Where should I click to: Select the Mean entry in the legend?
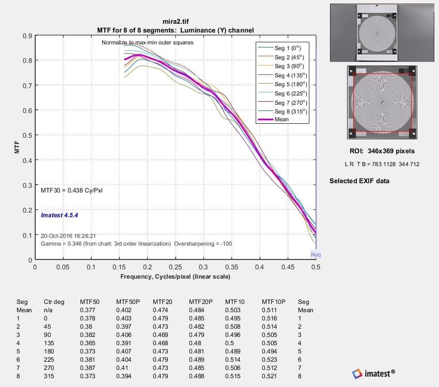coord(282,119)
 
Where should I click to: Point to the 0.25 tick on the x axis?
coord(175,267)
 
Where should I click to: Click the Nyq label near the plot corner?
coord(316,255)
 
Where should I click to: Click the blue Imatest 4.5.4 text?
coord(60,214)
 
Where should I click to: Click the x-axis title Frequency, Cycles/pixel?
coord(175,277)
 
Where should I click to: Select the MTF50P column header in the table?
coord(126,302)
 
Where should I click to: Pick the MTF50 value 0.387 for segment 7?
coord(87,368)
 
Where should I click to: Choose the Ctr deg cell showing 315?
coord(50,376)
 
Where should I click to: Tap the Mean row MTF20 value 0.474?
coord(160,310)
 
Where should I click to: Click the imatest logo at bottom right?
coord(374,373)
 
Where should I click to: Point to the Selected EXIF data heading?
coord(359,181)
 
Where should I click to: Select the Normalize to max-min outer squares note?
coord(147,42)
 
